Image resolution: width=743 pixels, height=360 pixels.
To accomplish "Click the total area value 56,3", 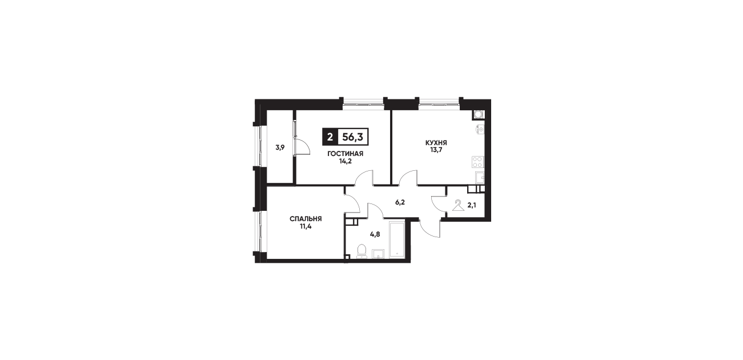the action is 353,137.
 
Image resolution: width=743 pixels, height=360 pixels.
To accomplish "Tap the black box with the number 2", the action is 330,137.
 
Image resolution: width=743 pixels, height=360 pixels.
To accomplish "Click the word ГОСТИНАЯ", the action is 346,154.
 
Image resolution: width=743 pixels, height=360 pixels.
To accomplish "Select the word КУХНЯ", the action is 436,143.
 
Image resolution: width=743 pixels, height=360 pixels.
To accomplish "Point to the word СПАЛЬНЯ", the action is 306,219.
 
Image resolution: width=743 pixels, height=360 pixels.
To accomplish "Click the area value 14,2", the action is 346,162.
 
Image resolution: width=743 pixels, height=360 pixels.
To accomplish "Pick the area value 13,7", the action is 436,150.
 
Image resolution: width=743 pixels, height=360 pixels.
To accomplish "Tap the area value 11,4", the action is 306,227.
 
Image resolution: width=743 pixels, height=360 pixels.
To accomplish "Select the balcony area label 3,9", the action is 280,147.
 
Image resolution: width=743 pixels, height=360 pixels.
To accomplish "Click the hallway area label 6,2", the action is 400,202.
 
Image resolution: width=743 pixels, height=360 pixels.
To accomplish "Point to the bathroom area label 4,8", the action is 375,234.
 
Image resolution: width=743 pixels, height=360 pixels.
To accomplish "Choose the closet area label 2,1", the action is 472,205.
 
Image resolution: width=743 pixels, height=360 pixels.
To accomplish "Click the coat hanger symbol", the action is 458,205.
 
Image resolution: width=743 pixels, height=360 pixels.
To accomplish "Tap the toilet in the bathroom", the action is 361,251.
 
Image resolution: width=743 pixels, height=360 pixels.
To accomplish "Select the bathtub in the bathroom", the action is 397,239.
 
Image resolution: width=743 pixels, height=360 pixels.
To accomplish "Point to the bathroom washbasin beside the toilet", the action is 379,254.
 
